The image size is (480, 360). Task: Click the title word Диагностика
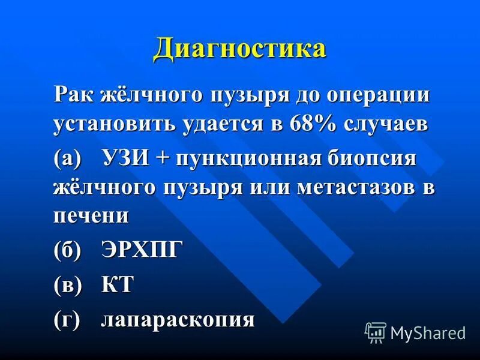click(239, 49)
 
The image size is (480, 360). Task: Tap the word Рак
click(72, 96)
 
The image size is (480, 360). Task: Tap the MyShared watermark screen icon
click(375, 331)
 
